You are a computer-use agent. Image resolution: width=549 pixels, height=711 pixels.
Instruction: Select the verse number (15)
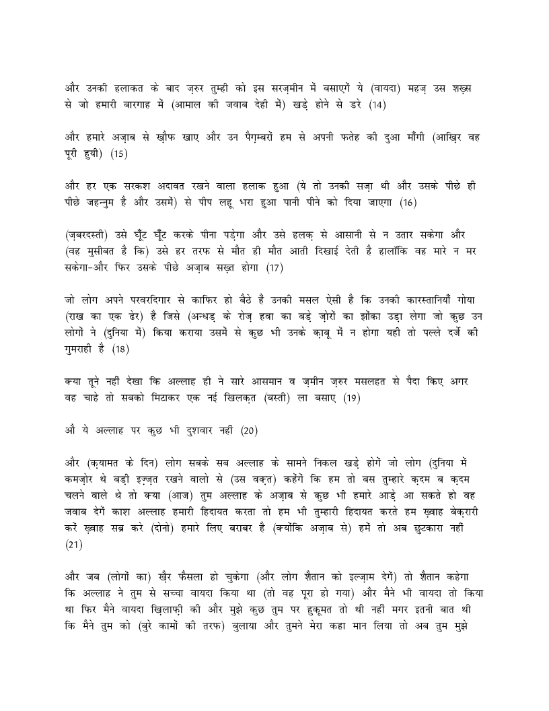(x=118, y=154)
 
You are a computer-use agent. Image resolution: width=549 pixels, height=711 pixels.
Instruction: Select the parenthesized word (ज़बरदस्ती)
(x=92, y=235)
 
